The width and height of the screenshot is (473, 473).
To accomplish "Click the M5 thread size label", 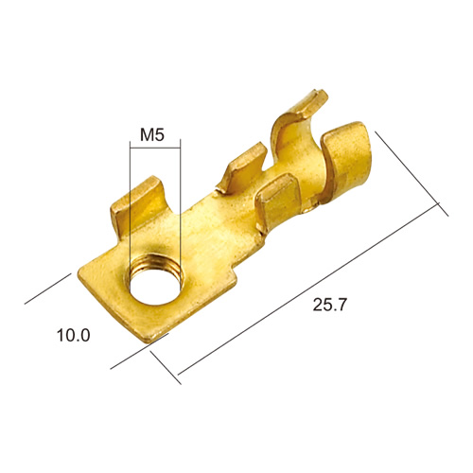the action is point(152,134).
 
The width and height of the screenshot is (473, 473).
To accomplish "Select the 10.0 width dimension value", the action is point(74,335).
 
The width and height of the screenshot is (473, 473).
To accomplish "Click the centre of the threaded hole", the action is point(153,288).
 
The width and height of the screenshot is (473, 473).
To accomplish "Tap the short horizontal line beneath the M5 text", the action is point(155,148).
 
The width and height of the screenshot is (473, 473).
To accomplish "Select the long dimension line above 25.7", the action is point(308,289).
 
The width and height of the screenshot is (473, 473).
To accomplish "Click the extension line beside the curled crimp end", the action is point(412,174).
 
